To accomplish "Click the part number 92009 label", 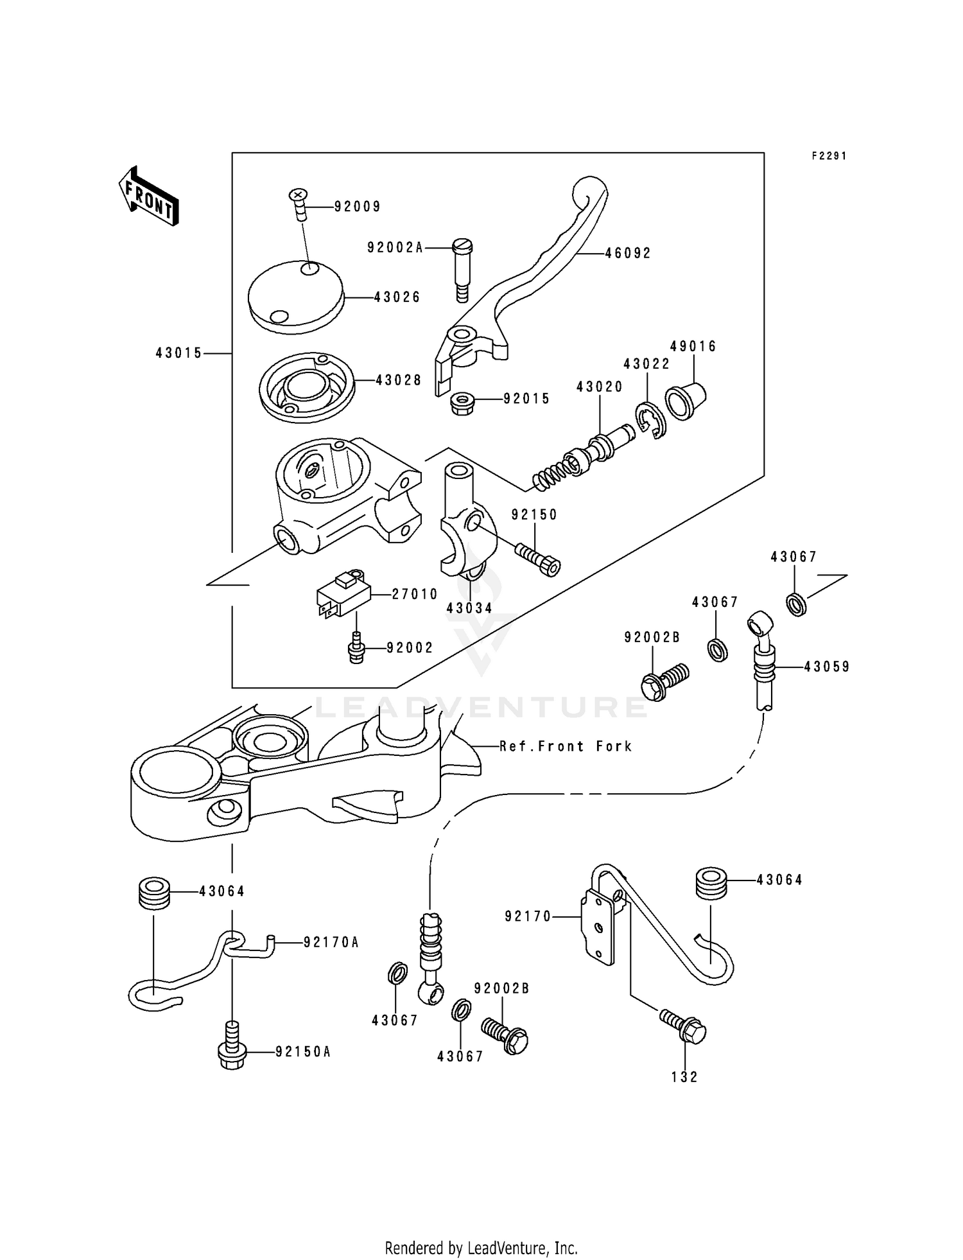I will pos(357,207).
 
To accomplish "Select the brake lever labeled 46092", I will pos(539,270).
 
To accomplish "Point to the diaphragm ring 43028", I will pos(307,389).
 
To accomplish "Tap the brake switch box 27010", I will pos(343,594).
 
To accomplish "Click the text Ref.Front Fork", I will pos(566,746).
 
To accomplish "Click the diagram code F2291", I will pos(829,156).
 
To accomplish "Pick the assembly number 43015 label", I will pos(178,353).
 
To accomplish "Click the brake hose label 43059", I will pos(827,667).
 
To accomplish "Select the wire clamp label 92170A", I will pos(331,942).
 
